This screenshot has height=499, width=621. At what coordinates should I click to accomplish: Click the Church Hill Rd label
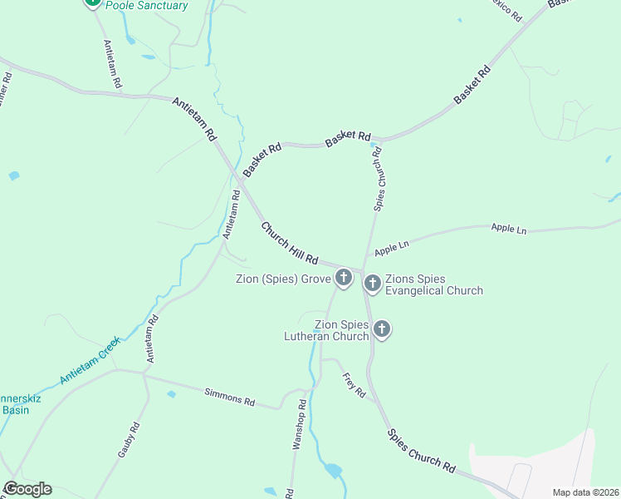coord(290,244)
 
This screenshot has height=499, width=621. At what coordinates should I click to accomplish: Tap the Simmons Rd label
coord(229,396)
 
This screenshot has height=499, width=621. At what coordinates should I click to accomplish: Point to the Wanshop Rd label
coord(298,425)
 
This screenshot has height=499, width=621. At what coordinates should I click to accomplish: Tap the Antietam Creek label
coord(90,360)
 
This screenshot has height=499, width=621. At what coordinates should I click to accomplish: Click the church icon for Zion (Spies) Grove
coord(344,278)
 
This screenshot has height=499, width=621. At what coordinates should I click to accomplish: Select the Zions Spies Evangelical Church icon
coord(372,284)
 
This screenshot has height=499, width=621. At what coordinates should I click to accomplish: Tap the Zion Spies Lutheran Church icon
coord(382,329)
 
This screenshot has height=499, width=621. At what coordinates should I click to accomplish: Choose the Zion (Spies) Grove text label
coord(282,278)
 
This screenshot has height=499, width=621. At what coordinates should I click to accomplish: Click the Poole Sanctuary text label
coord(146,5)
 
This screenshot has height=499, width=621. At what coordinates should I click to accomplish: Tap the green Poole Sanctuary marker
coord(92,2)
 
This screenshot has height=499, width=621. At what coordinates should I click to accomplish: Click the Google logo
coord(27,489)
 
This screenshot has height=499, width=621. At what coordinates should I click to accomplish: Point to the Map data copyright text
coord(584,492)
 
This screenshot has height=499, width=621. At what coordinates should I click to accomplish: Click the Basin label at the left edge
coord(14,409)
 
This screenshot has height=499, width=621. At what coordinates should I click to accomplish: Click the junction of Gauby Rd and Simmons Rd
coord(144,375)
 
